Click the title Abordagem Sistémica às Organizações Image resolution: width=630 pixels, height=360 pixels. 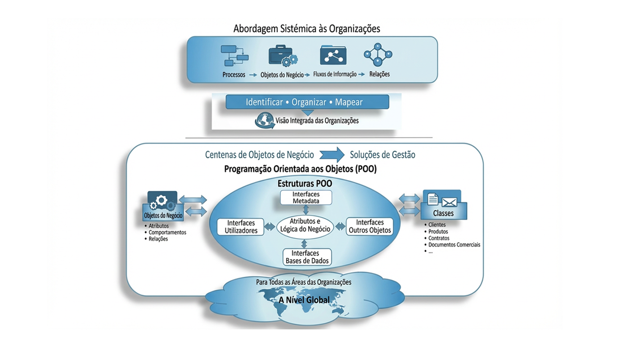[306, 29]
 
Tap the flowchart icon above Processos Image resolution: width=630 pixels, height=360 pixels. [234, 55]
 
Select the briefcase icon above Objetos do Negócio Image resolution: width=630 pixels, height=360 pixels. [283, 56]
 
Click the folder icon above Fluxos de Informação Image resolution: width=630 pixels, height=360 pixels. [333, 55]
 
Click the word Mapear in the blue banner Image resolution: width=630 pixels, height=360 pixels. [349, 102]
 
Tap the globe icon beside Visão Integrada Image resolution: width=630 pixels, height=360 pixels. [264, 121]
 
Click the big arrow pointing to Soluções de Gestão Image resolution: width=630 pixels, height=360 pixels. [332, 154]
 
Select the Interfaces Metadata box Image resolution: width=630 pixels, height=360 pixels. [306, 198]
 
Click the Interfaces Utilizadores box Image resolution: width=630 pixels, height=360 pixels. [241, 227]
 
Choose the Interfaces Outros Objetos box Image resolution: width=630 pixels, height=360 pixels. [370, 226]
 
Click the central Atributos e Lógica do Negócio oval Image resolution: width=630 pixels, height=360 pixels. [305, 225]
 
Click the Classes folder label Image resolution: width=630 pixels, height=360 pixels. [443, 213]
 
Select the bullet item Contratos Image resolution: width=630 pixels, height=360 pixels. [439, 238]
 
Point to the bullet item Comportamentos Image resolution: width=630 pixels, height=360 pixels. [167, 232]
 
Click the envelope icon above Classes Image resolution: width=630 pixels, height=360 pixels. [449, 201]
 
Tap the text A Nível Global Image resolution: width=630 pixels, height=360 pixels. [304, 300]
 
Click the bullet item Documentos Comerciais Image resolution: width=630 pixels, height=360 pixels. [454, 245]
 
